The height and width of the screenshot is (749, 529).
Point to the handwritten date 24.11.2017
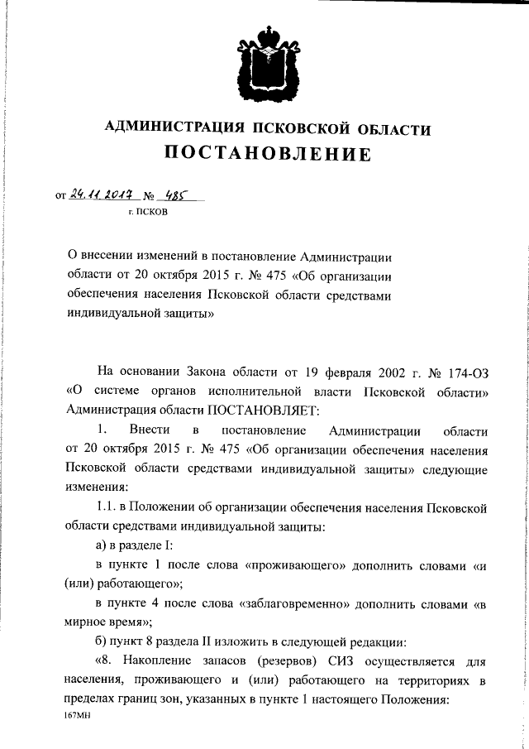coord(102,195)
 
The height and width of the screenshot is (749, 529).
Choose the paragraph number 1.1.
coord(109,506)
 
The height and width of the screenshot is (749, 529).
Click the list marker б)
coord(104,642)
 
